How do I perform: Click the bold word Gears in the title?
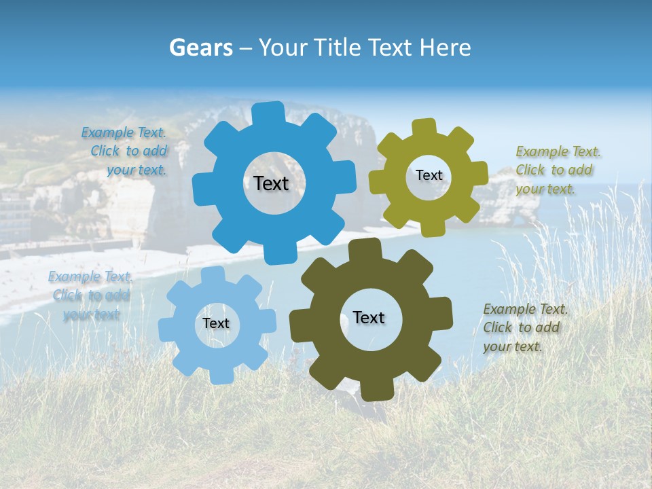pyautogui.click(x=200, y=48)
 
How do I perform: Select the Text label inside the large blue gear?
pyautogui.click(x=271, y=183)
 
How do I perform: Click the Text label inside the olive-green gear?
pyautogui.click(x=429, y=175)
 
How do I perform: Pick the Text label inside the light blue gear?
pyautogui.click(x=216, y=323)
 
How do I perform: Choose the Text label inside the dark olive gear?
pyautogui.click(x=369, y=318)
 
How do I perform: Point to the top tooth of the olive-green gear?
pyautogui.click(x=424, y=128)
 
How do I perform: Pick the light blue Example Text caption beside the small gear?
pyautogui.click(x=91, y=295)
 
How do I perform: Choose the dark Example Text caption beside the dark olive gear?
pyautogui.click(x=524, y=327)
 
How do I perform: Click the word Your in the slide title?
pyautogui.click(x=282, y=48)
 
